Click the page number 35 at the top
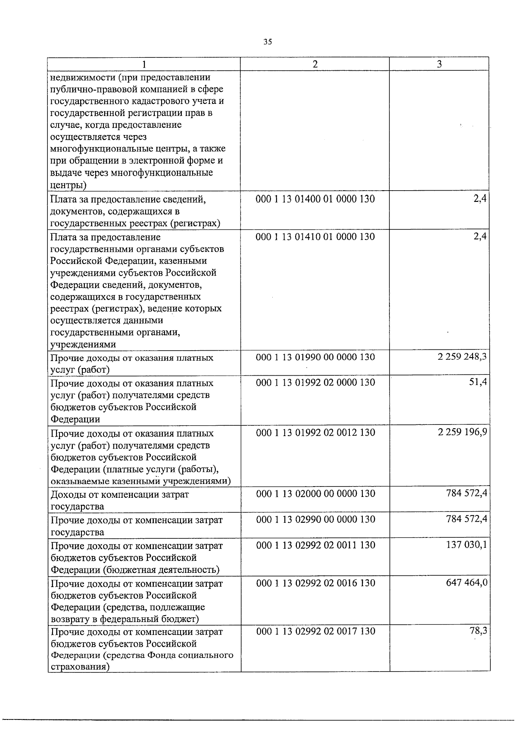268,42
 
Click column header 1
144,64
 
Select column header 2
315,64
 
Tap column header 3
439,64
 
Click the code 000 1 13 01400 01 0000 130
315,199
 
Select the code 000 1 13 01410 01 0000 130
315,236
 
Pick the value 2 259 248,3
462,357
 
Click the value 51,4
478,382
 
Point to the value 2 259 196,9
462,432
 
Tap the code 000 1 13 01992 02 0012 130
315,433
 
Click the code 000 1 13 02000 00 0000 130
315,493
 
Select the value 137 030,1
467,545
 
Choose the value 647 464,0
467,583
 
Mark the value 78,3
478,631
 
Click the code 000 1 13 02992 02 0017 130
315,631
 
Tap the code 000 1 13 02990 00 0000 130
315,519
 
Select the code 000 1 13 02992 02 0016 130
315,583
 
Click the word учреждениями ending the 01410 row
83,344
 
